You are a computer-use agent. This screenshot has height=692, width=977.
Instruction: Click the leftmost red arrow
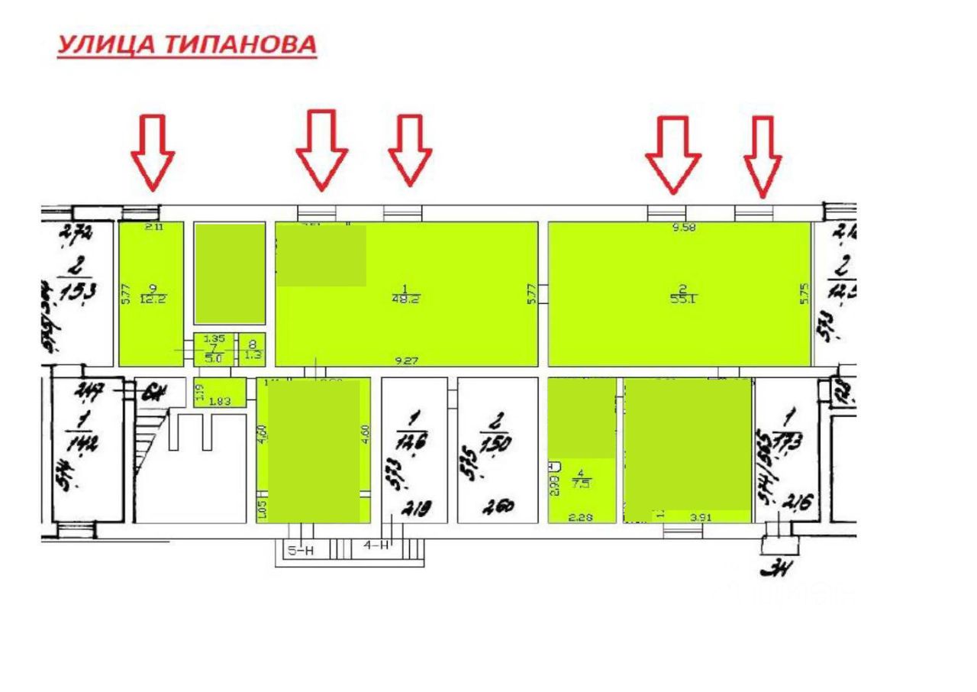(153, 153)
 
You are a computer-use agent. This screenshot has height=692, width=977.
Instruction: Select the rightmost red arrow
(763, 155)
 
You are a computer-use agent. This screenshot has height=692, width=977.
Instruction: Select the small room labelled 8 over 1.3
(253, 349)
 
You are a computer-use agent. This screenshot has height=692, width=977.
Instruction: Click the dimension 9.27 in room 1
(405, 359)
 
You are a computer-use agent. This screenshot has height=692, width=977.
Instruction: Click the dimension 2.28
(581, 517)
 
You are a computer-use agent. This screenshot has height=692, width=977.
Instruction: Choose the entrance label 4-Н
(376, 546)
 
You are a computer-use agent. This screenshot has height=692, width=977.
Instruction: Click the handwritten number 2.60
(496, 506)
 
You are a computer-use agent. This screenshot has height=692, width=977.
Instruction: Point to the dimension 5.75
(803, 295)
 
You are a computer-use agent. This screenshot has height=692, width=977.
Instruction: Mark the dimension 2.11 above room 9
(154, 226)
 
